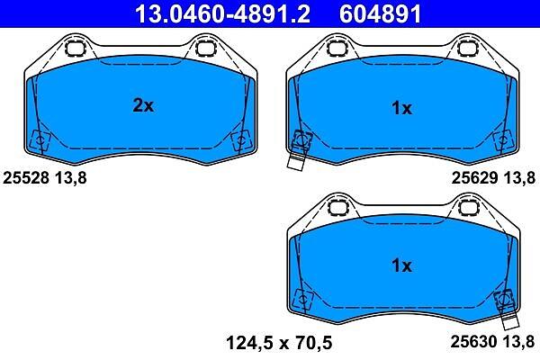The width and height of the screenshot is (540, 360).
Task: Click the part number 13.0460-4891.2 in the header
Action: pos(222,14)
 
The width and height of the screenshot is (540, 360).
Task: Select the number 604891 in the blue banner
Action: pos(380,14)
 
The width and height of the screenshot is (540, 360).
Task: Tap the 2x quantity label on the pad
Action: pos(143,105)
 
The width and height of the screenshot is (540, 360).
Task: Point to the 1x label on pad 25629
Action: pos(401,108)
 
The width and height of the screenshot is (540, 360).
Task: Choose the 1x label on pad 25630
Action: pos(401,265)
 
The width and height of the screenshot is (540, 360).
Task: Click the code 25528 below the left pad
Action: pos(26,178)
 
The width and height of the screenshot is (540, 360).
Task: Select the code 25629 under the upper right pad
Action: pos(474,178)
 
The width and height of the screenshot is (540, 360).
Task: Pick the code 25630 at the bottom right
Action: pos(474,341)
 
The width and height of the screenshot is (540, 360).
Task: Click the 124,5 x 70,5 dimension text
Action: pos(279,343)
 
